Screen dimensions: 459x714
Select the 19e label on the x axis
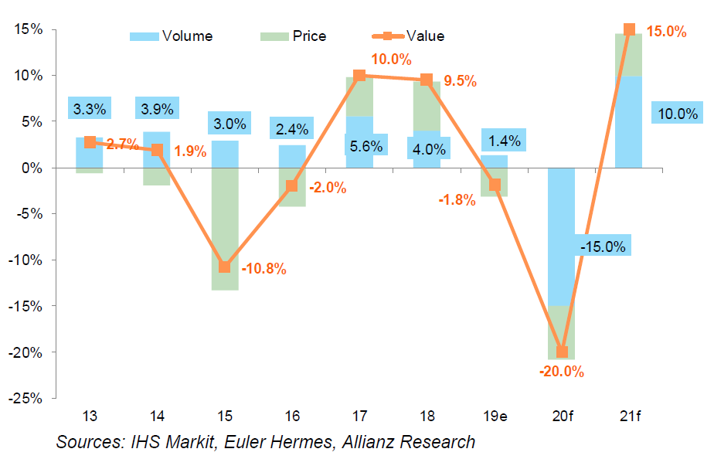point(494,416)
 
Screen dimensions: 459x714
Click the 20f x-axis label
point(562,416)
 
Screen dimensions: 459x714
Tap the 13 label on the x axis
point(90,416)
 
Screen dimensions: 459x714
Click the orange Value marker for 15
point(224,267)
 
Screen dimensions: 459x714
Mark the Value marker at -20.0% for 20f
point(562,352)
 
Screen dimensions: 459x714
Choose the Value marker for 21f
point(629,30)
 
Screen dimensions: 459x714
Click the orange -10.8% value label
point(263,270)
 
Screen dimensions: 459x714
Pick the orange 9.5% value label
point(461,80)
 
